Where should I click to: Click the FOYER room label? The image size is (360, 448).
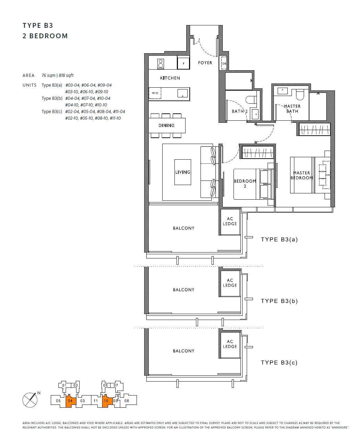(205, 63)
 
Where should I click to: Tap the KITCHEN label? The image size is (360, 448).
(170, 78)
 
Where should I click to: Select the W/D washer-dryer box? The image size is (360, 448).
(155, 93)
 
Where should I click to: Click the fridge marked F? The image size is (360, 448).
(183, 63)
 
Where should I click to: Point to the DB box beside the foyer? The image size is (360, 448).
(224, 63)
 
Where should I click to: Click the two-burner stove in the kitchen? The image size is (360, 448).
(161, 64)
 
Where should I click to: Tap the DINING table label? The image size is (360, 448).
(166, 125)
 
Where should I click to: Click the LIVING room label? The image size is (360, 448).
(182, 172)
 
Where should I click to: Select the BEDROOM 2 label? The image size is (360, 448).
(245, 183)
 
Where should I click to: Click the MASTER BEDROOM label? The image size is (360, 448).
(302, 175)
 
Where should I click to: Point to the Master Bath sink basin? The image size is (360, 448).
(283, 91)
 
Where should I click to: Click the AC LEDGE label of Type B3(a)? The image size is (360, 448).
(230, 221)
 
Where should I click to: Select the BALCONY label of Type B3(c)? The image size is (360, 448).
(183, 351)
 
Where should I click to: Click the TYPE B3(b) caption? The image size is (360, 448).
(279, 301)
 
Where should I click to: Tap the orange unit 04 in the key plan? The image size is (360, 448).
(70, 401)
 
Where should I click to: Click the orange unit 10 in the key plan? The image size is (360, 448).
(106, 401)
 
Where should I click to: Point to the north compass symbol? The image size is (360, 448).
(30, 400)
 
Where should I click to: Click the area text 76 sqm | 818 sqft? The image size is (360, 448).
(57, 75)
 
